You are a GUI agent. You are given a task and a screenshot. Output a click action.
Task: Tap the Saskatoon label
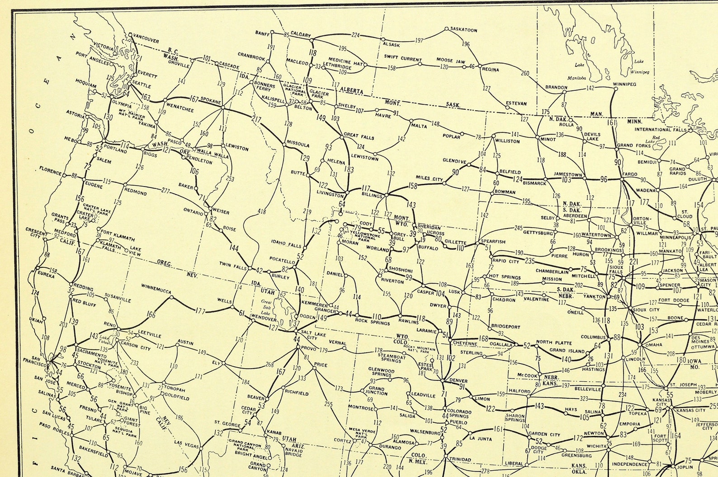[464, 30]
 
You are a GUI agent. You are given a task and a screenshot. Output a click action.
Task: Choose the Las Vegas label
[184, 443]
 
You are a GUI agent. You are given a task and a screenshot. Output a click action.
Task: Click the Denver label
[458, 381]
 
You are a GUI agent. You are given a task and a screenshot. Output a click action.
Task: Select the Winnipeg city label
[624, 84]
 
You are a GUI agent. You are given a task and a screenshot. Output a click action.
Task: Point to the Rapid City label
[505, 261]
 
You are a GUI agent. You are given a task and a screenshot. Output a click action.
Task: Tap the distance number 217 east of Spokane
[257, 120]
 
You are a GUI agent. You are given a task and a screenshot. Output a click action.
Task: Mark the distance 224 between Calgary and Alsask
[356, 35]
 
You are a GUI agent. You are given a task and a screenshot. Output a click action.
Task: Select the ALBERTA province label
[352, 91]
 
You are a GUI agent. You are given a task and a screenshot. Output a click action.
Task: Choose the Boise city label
[229, 229]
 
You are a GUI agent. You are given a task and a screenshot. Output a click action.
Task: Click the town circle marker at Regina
[480, 66]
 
